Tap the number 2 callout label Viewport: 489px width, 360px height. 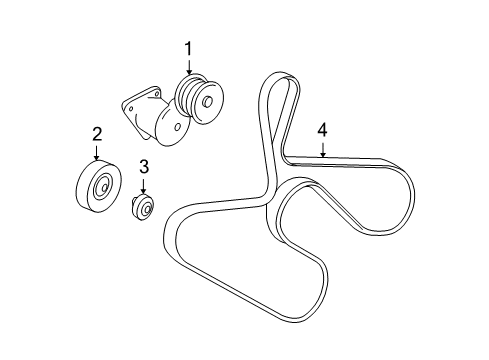(x=97, y=133)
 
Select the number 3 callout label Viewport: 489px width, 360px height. (x=143, y=166)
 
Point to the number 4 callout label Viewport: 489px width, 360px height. (x=322, y=129)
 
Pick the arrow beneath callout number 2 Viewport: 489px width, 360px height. (x=97, y=151)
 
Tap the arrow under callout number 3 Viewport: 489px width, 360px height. (x=143, y=185)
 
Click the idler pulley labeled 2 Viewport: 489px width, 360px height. (x=97, y=185)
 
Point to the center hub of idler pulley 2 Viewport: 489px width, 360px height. (x=102, y=187)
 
